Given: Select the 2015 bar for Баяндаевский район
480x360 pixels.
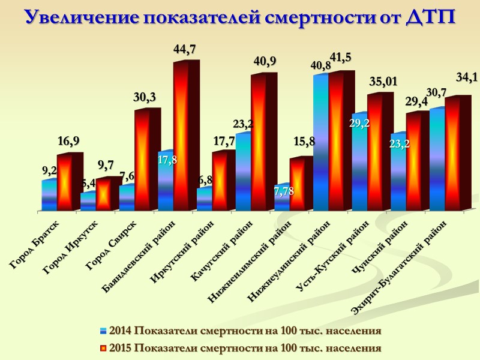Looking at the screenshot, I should point(182,138).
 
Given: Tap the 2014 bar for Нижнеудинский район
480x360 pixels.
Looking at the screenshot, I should point(320,144).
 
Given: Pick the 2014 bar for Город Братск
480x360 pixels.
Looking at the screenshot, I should point(49,195).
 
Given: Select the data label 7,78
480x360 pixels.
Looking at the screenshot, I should point(284,191).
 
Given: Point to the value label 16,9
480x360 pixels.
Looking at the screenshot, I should point(69,142).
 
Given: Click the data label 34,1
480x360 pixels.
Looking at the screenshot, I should point(467,77).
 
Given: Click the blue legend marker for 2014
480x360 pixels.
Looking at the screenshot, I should point(103,331).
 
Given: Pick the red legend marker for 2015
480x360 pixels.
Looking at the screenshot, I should point(103,348).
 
